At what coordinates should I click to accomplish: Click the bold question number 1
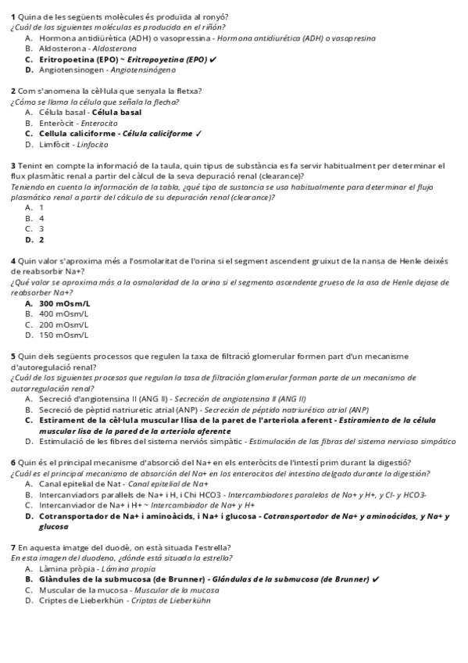point(13,16)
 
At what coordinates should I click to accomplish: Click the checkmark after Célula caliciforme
point(200,134)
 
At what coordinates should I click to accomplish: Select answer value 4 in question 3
point(41,219)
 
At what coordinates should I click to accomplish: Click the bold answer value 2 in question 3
point(41,240)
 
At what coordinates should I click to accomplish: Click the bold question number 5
point(13,357)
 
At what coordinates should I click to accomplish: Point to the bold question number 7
point(13,547)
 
